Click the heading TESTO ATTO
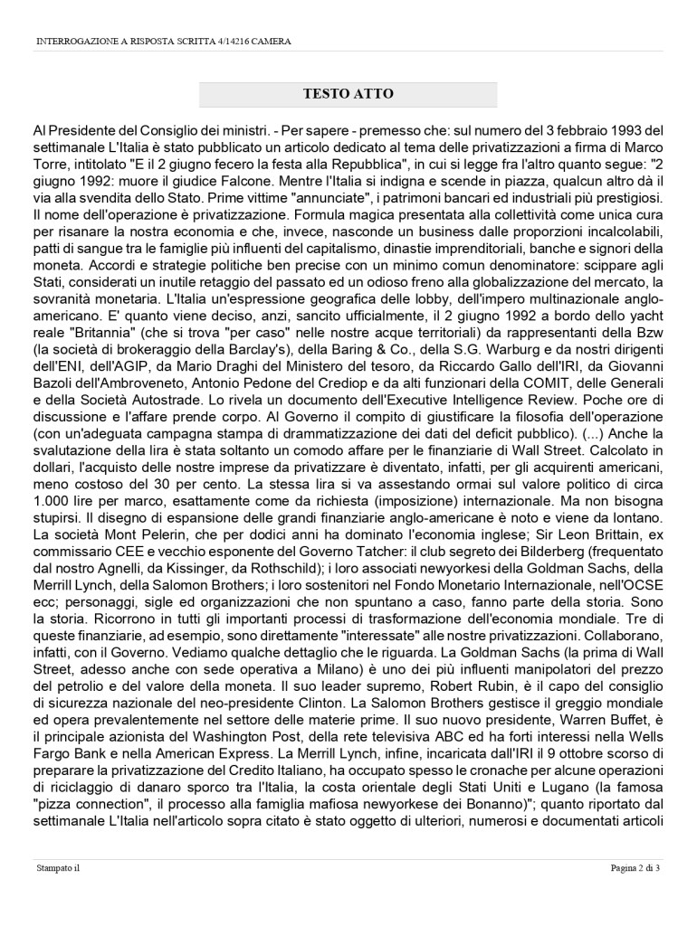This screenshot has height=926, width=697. coord(348,94)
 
